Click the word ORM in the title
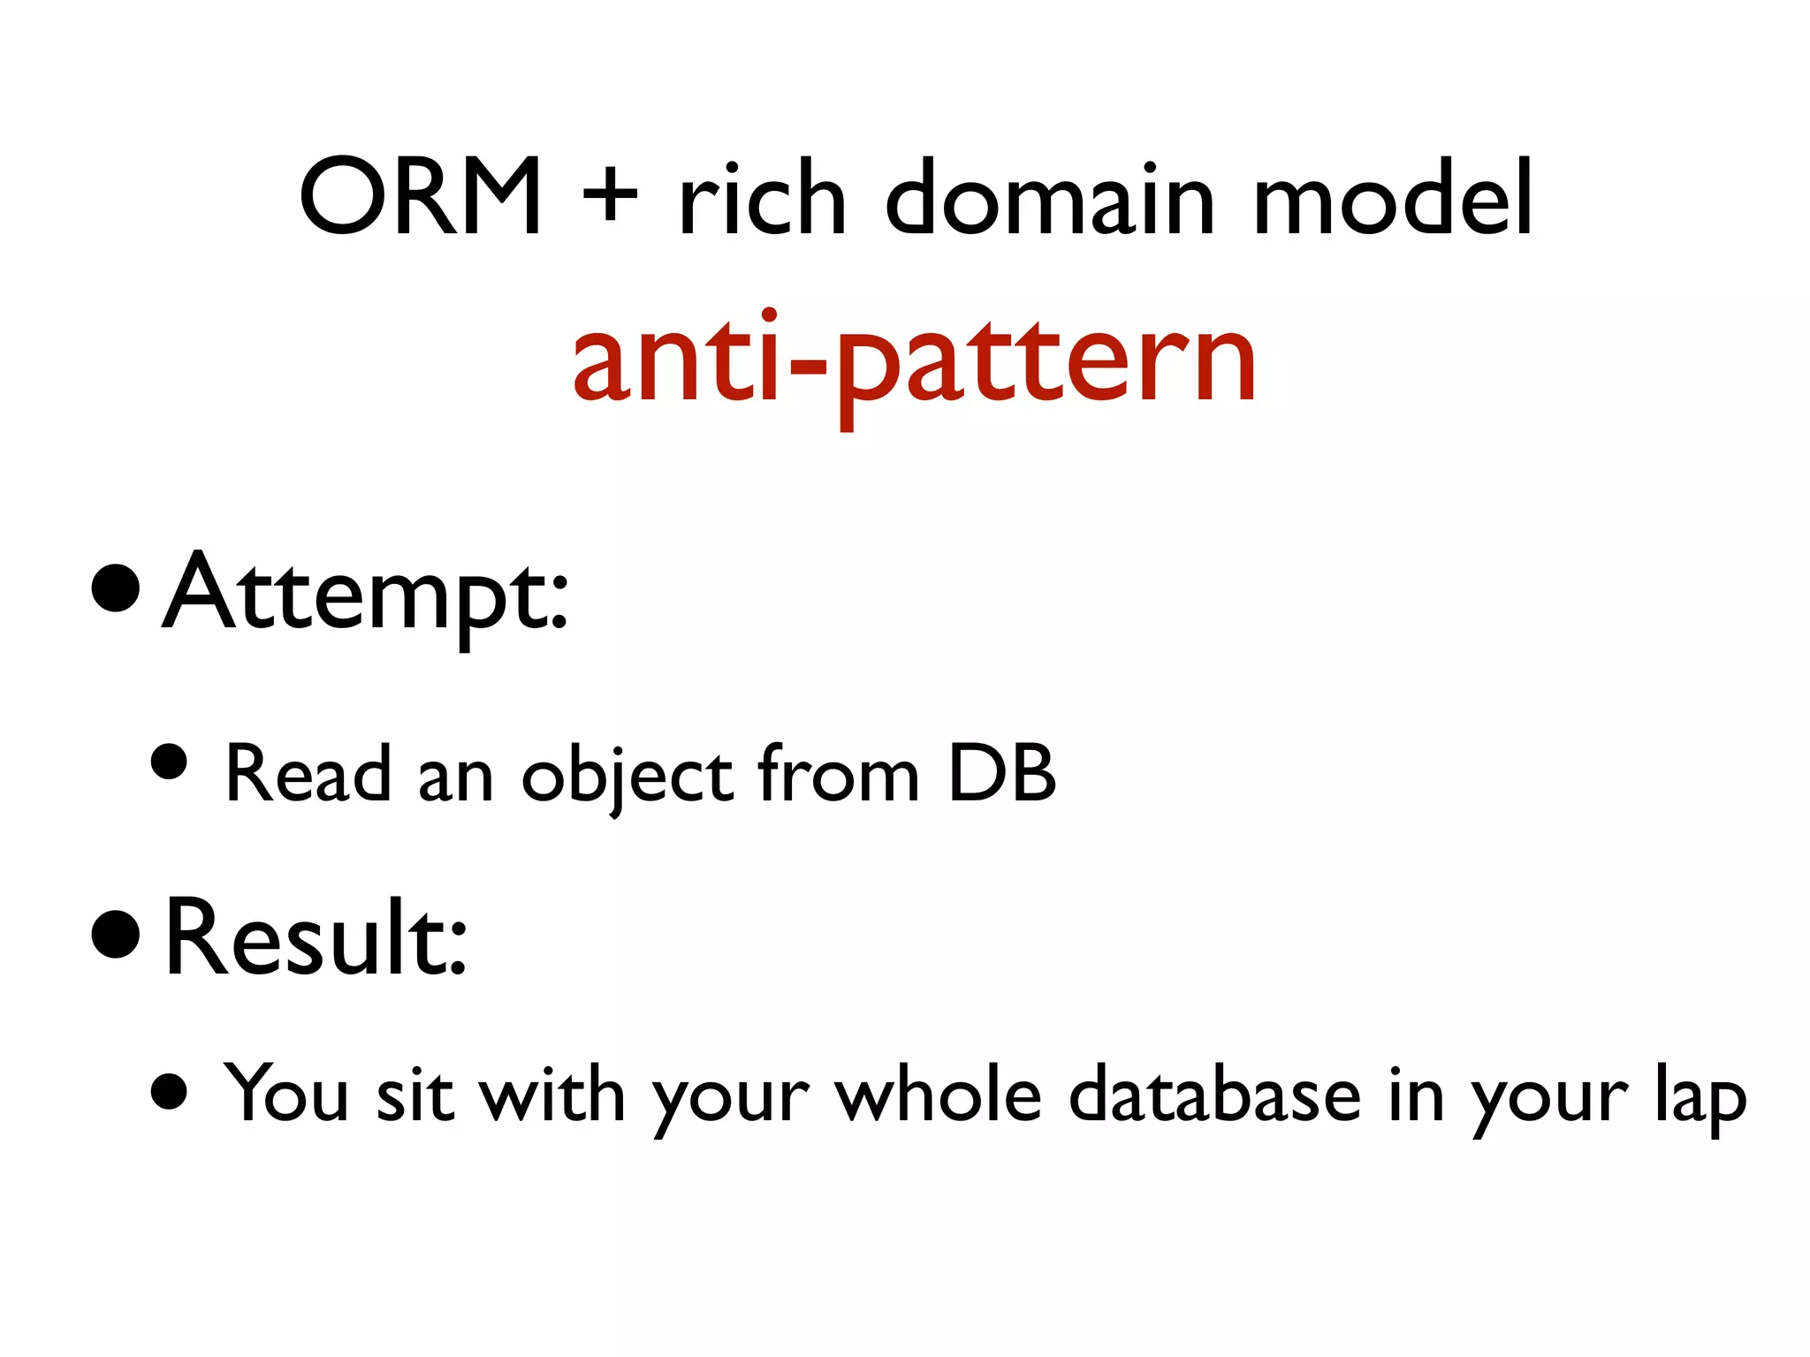coord(421,198)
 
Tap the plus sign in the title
coord(610,198)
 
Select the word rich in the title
coord(762,198)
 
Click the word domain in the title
coord(1051,198)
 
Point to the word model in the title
coord(1393,198)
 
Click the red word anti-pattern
coord(914,362)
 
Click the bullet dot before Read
coord(169,762)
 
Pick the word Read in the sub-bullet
coord(308,774)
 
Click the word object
coord(627,776)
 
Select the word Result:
coord(316,938)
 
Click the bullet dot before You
coord(169,1091)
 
